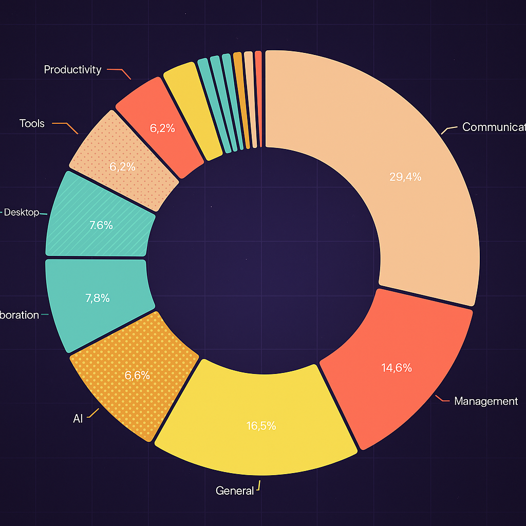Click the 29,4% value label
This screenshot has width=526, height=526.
click(x=405, y=177)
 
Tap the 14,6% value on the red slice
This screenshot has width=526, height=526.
click(x=397, y=368)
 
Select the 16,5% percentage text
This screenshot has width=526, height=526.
click(x=260, y=426)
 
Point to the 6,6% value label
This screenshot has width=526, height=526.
click(x=137, y=375)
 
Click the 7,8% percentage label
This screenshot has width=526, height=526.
click(x=97, y=298)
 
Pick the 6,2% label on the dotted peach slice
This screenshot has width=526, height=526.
click(x=122, y=167)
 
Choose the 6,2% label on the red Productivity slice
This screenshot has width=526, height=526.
click(x=162, y=128)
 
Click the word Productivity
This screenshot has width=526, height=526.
click(x=72, y=70)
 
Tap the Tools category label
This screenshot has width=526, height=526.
click(x=32, y=124)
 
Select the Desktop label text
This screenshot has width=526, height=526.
click(x=22, y=213)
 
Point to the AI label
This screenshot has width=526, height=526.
click(x=78, y=419)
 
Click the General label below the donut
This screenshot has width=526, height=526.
click(x=235, y=491)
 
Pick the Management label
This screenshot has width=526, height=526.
click(x=486, y=401)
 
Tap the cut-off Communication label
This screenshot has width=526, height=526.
click(x=494, y=127)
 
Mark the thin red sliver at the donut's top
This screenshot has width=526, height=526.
click(x=258, y=98)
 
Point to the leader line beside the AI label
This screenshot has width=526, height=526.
click(x=93, y=413)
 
